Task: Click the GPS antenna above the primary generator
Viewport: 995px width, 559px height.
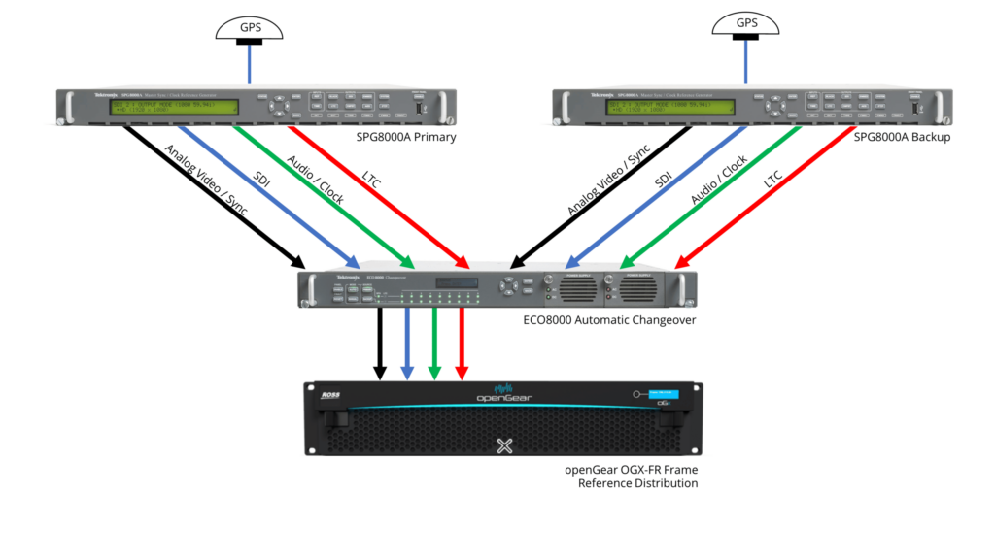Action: (x=251, y=30)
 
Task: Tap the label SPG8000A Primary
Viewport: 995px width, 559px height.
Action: (x=406, y=138)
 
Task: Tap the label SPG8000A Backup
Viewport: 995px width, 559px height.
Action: (x=899, y=138)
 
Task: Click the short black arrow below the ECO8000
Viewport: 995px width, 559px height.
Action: (x=380, y=345)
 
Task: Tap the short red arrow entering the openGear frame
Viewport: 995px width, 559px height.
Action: (x=463, y=345)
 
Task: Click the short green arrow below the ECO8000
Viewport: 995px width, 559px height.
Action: (x=435, y=345)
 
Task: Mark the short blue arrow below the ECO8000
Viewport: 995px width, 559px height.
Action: (x=407, y=345)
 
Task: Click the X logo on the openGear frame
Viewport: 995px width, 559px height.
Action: (x=504, y=445)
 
